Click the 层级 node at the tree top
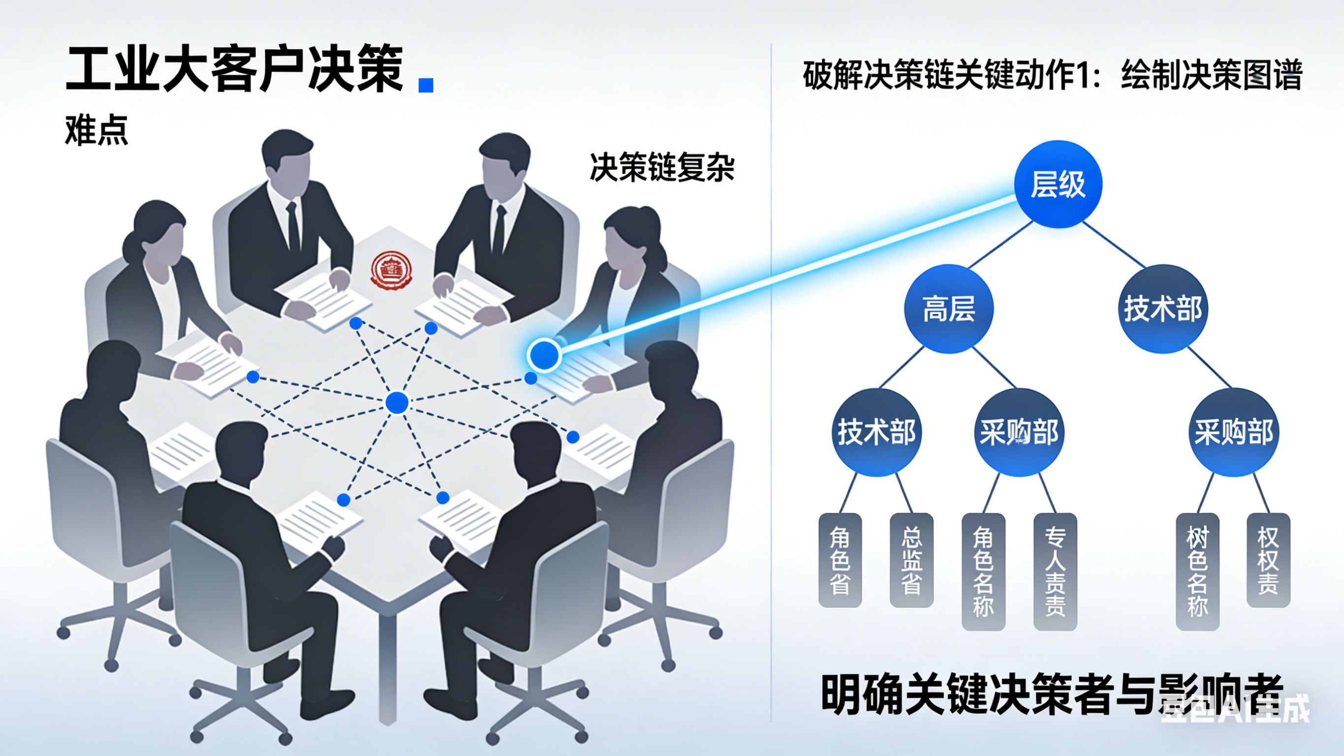(1057, 184)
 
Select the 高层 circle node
(949, 309)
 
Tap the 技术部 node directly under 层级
(1163, 309)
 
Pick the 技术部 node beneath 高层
(876, 432)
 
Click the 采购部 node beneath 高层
(1019, 432)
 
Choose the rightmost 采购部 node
(1234, 432)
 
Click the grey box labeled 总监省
(911, 560)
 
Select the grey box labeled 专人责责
(1055, 571)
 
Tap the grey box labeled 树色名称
(1197, 571)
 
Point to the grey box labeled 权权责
(1268, 560)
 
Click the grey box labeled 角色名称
(983, 571)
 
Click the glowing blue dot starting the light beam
(544, 355)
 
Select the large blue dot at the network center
(397, 403)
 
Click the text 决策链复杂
(662, 167)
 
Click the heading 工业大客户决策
(235, 69)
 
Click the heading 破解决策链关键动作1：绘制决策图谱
(1053, 75)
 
